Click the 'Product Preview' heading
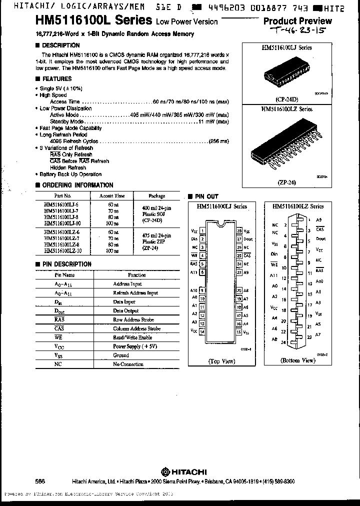[297, 21]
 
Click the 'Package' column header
[156, 196]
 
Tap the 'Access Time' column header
[112, 196]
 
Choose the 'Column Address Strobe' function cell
[136, 329]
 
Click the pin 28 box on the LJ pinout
[239, 231]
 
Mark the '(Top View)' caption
[221, 360]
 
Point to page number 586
[40, 481]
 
